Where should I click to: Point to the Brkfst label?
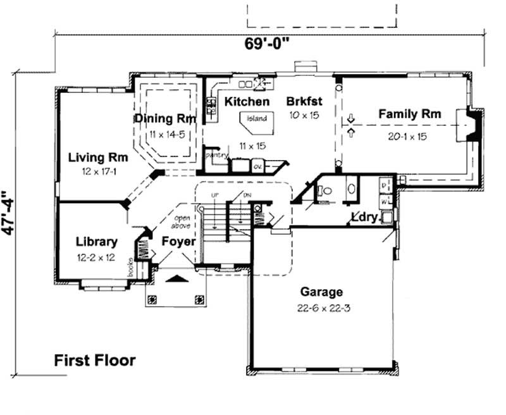tap(305, 101)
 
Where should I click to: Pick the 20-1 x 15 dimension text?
tap(410, 135)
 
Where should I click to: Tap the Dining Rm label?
tap(164, 118)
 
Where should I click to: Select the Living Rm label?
tap(99, 156)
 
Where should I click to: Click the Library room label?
tap(96, 242)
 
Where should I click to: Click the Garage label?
tap(321, 292)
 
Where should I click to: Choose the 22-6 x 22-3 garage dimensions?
tap(321, 309)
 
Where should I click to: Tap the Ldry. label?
tap(365, 218)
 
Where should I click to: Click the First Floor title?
tap(94, 361)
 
